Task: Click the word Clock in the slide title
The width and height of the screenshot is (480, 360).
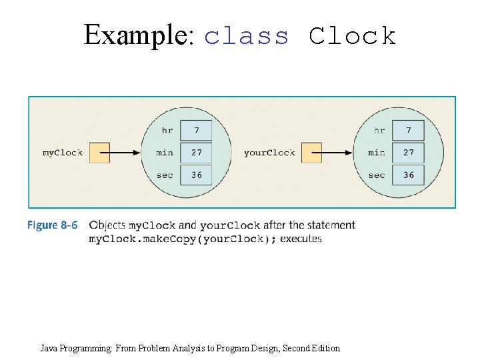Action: pos(353,35)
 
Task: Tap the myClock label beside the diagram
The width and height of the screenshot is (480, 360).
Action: pos(63,153)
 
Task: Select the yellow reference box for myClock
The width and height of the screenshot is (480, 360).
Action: pos(99,153)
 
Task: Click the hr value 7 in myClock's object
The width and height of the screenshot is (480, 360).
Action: pos(197,130)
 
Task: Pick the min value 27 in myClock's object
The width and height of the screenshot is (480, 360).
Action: pos(197,153)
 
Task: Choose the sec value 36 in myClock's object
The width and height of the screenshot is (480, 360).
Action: pos(197,175)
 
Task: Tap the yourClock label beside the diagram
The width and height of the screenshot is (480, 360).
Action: pos(269,153)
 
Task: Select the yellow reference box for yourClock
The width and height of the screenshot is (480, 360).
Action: pos(311,153)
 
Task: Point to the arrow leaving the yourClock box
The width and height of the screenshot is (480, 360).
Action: pos(337,153)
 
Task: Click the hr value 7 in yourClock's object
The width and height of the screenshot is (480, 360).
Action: pos(409,130)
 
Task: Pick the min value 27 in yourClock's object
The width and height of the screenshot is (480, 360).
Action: pos(409,153)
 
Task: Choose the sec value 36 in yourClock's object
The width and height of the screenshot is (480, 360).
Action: pos(409,175)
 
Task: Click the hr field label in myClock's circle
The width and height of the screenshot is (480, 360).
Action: pos(167,130)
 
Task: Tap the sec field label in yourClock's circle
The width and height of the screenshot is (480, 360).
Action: pos(377,175)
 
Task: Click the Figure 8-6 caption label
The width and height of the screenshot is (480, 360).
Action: pos(52,225)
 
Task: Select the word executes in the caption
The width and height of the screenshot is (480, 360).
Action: pos(301,238)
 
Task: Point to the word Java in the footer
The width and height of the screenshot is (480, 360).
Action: pos(49,348)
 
